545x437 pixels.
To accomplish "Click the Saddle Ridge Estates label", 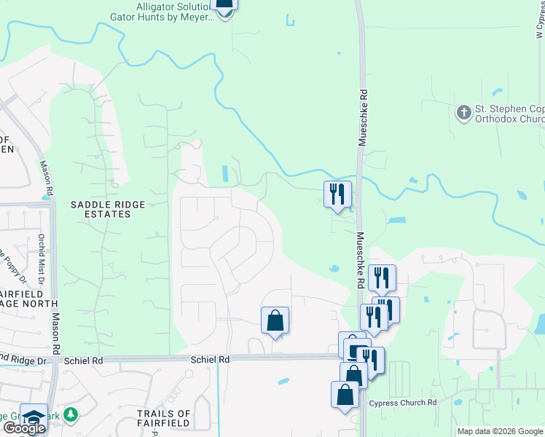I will point(101,210).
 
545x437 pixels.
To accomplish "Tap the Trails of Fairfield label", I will point(164,418).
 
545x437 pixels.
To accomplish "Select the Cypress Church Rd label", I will point(402,403).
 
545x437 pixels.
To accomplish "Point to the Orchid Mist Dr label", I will point(42,252).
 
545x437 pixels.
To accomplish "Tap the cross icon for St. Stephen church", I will point(463,113).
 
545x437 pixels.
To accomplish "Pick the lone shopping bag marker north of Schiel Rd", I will point(275,320).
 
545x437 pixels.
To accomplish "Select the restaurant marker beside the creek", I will point(337,194).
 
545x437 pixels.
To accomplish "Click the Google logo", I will point(24,428).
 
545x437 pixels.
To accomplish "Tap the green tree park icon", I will point(70,414).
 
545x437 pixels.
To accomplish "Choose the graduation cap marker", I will point(34,416).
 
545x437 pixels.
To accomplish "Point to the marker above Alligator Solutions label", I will point(224,4).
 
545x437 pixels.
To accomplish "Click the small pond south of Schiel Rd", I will point(283,381).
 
